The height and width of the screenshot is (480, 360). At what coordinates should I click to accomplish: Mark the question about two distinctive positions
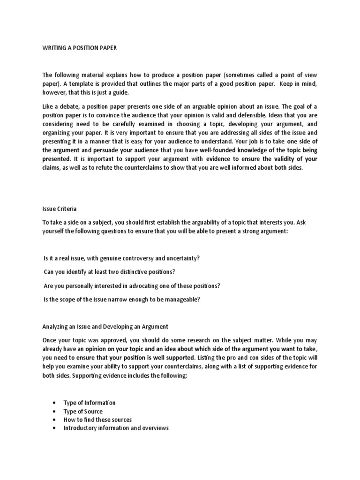109,272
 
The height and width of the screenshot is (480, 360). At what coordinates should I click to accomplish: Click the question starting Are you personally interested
125,286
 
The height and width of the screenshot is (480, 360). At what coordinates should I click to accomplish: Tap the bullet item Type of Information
89,403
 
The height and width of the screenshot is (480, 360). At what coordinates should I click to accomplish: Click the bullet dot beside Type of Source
55,412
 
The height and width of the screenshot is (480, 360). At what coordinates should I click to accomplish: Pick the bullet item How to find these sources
97,420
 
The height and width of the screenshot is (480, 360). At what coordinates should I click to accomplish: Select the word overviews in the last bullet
154,428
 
